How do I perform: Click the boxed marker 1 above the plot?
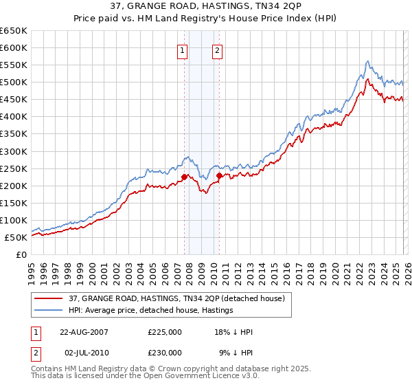pos(183,50)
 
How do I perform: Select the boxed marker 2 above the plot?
pos(217,50)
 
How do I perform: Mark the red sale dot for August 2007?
pos(184,177)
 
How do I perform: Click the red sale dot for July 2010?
pos(219,175)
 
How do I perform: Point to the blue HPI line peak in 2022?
pos(368,61)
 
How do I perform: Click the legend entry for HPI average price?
pos(151,310)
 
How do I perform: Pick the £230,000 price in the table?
pos(165,352)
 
